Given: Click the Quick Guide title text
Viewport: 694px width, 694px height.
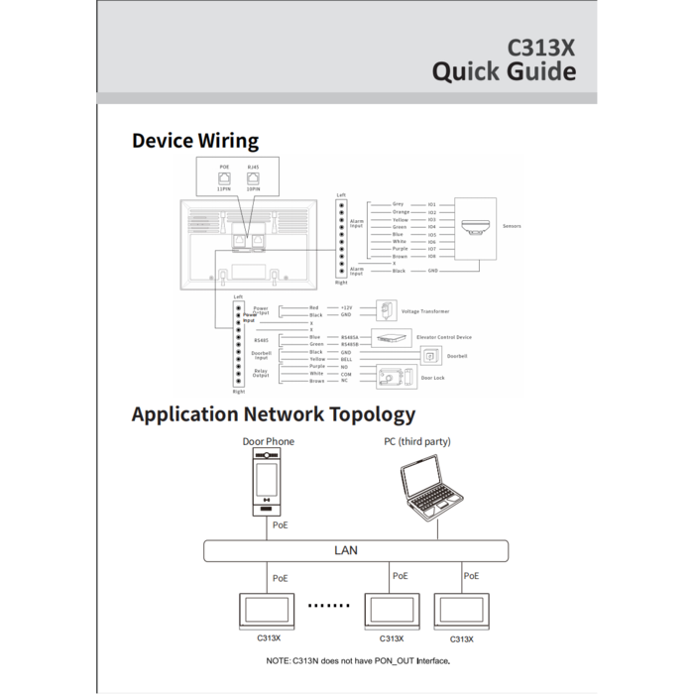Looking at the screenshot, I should pos(504,71).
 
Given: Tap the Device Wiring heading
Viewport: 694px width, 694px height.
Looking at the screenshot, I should pos(195,141).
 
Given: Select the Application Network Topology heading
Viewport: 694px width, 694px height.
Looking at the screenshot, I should pos(274,414).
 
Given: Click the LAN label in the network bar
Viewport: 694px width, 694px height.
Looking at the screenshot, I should pos(346,550).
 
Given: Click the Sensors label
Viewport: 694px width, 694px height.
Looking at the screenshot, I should pos(512,226).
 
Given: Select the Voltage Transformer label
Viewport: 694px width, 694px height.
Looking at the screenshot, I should pos(425,311).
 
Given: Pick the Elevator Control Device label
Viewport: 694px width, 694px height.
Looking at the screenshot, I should pos(443,338).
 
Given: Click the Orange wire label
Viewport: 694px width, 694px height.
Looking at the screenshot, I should pos(401,212).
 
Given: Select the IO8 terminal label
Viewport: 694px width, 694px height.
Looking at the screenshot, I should pos(432,256).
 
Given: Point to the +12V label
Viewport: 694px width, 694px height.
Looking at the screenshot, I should pos(347,308).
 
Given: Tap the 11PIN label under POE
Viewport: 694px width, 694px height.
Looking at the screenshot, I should pos(224,186).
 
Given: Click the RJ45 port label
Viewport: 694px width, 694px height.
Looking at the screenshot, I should pos(253,167).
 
